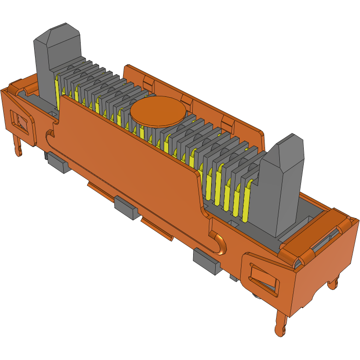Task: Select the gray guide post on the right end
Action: coord(281,184)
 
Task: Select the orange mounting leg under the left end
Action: coord(18,147)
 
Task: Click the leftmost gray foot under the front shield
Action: coord(57,162)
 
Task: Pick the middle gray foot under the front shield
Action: coord(125,207)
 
